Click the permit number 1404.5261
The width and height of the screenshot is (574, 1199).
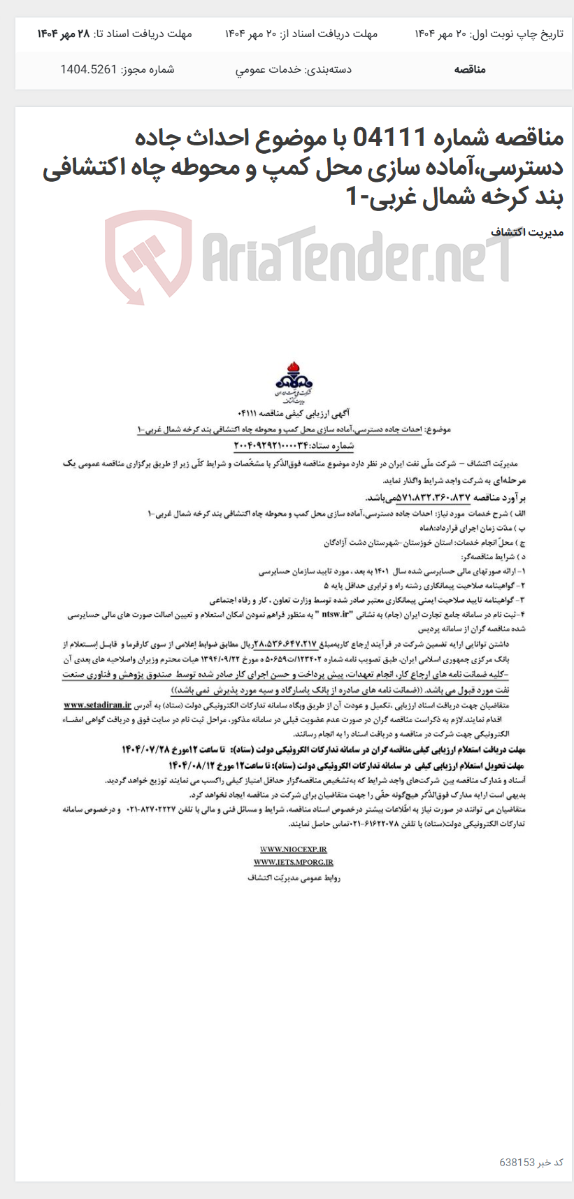pyautogui.click(x=88, y=69)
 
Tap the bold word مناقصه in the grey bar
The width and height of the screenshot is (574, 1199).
pyautogui.click(x=470, y=69)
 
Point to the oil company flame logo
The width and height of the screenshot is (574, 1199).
pyautogui.click(x=294, y=378)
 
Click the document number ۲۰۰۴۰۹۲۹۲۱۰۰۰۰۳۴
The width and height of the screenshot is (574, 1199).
pyautogui.click(x=276, y=445)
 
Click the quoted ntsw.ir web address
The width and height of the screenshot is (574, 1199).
pyautogui.click(x=339, y=615)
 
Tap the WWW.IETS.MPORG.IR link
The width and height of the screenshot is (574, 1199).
pyautogui.click(x=294, y=863)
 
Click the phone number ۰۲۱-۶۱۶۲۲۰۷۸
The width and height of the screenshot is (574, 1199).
pyautogui.click(x=378, y=824)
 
